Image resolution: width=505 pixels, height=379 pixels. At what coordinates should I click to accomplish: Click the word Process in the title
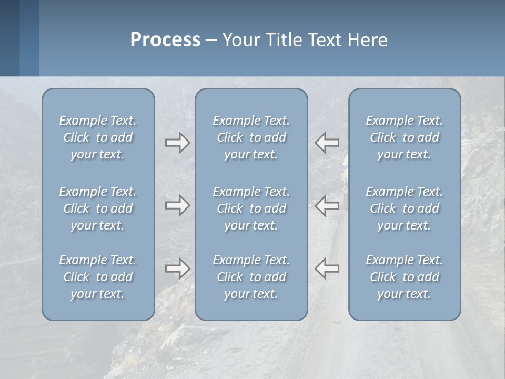click(165, 40)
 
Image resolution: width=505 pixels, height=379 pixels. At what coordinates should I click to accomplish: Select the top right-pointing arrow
click(177, 143)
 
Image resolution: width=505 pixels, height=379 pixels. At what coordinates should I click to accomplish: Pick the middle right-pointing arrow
click(177, 205)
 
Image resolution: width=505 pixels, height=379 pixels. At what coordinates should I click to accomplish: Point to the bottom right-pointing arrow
click(177, 268)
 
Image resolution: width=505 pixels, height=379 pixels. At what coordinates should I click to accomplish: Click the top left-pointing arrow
click(327, 143)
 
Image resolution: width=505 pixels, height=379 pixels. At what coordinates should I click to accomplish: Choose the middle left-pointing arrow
click(327, 205)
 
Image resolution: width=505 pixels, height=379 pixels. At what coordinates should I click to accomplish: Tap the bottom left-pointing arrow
click(327, 268)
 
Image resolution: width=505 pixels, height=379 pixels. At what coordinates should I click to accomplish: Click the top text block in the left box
click(98, 137)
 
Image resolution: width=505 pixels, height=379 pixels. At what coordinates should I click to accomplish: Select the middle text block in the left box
click(98, 208)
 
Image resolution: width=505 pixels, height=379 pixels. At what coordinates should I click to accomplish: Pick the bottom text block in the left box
click(98, 277)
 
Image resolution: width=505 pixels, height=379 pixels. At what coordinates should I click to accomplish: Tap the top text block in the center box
click(251, 137)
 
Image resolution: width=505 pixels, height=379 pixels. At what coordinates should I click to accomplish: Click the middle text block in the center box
click(251, 208)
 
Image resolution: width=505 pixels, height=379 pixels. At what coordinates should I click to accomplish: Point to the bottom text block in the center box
click(251, 277)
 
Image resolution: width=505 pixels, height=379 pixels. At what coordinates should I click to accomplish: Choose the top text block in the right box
click(404, 137)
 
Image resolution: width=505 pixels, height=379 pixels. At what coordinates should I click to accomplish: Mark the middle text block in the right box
click(404, 208)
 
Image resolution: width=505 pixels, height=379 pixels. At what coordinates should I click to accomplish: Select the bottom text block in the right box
click(404, 277)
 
